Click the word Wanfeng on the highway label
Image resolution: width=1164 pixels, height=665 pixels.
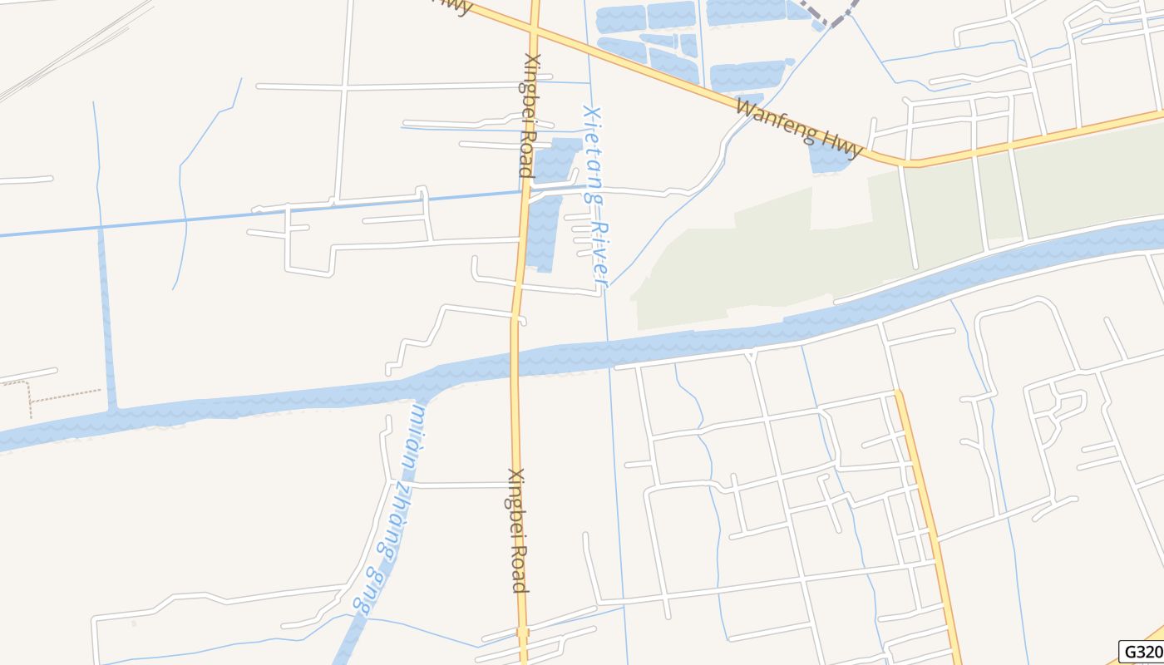pyautogui.click(x=772, y=121)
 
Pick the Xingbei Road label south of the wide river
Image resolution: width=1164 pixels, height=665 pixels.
pyautogui.click(x=517, y=530)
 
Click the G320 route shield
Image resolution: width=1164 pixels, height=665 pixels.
pyautogui.click(x=1141, y=652)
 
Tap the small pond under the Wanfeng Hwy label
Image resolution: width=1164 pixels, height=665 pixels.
pyautogui.click(x=828, y=160)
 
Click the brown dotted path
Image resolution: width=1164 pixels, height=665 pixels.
pyautogui.click(x=62, y=394)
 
